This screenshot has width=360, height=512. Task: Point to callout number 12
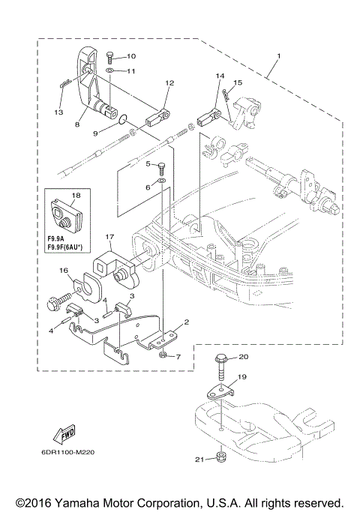(x=169, y=83)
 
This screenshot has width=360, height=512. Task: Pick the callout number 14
(x=220, y=76)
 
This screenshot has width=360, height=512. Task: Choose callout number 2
(x=186, y=321)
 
